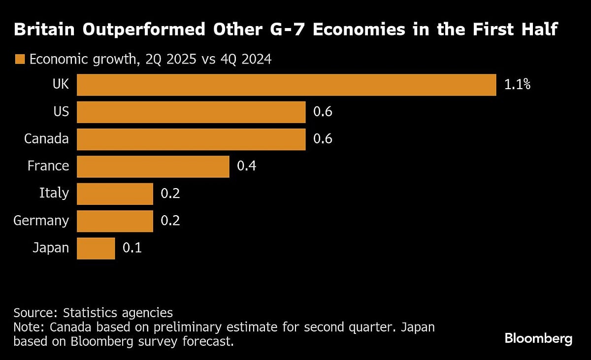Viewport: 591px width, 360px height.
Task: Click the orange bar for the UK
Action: point(286,85)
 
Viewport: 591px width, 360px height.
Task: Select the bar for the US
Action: point(191,112)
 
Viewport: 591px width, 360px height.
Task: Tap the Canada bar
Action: point(191,139)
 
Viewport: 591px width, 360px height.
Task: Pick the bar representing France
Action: point(153,166)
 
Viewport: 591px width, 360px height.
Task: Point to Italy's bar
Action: point(115,194)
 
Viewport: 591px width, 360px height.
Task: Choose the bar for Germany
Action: point(115,221)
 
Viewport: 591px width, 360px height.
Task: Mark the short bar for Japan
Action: point(96,248)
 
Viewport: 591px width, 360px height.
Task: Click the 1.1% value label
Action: point(517,85)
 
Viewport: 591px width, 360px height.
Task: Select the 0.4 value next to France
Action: point(247,166)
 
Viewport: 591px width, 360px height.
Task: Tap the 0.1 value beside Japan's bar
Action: point(132,248)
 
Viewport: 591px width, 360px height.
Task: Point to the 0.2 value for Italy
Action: point(170,194)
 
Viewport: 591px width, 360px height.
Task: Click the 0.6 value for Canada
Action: point(323,139)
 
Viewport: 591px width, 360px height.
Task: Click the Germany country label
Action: point(41,221)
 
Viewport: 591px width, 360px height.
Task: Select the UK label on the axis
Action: point(61,85)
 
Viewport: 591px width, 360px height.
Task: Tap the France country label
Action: point(48,166)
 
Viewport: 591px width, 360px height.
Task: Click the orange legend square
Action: point(20,60)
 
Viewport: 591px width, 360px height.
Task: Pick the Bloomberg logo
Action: point(538,339)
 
